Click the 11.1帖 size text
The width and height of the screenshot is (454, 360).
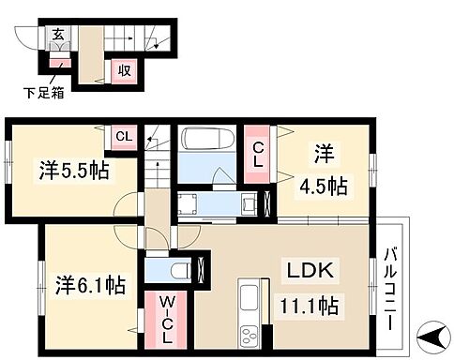tap(307, 305)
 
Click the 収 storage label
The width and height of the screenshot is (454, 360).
tap(122, 69)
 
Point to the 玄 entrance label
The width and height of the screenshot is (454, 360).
tap(58, 37)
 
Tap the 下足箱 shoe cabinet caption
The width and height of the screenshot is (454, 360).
tap(42, 92)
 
